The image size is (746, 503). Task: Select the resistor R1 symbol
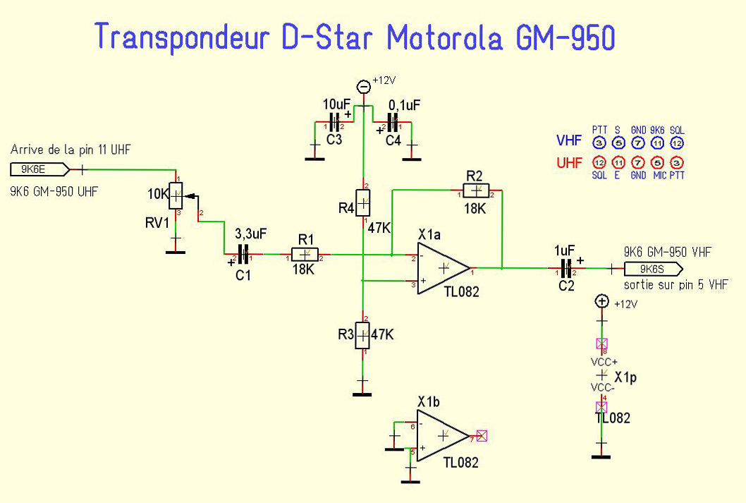point(304,255)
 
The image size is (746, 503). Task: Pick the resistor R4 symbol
point(362,203)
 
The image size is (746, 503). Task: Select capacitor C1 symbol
point(243,255)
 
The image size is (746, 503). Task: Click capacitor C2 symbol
point(565,269)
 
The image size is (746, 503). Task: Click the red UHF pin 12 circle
point(599,163)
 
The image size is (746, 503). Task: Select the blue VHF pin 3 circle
point(599,143)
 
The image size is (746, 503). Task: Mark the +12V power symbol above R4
point(363,87)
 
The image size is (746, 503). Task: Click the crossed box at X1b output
point(482,436)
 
